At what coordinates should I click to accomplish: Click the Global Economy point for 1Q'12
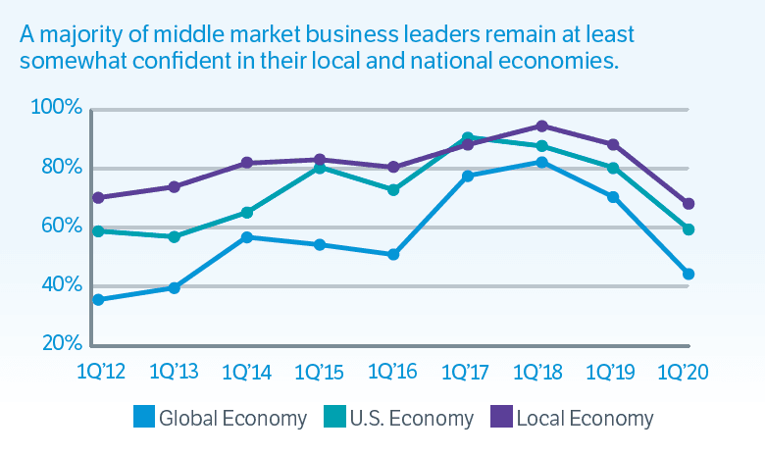click(99, 299)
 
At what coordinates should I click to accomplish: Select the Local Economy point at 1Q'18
click(540, 126)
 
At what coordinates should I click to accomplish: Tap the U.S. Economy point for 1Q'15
click(320, 168)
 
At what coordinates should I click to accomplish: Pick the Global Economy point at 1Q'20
click(688, 275)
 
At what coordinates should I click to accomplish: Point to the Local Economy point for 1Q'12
click(99, 197)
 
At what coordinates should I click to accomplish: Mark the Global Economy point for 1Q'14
click(247, 237)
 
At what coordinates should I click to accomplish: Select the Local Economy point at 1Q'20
click(688, 204)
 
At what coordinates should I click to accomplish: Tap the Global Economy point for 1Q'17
click(468, 177)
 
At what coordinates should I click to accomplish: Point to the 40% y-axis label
click(59, 284)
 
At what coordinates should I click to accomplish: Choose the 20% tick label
click(59, 344)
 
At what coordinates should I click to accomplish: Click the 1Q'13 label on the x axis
click(174, 373)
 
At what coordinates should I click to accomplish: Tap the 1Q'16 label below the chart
click(393, 373)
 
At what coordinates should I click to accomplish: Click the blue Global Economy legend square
click(143, 418)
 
